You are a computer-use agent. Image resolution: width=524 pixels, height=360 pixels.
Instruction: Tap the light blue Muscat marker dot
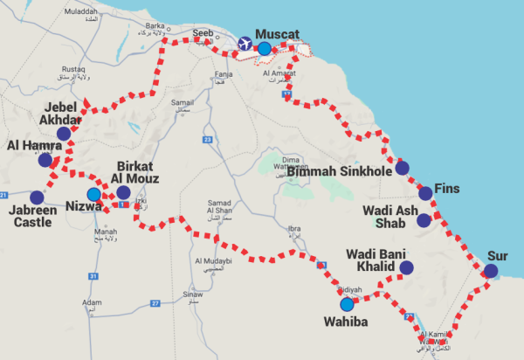pyautogui.click(x=265, y=49)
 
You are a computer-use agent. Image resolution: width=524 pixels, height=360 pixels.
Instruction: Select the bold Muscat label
pyautogui.click(x=277, y=34)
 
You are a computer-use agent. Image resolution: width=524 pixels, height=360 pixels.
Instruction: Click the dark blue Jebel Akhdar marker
pyautogui.click(x=64, y=134)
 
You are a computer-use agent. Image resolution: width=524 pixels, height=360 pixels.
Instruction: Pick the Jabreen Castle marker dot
pyautogui.click(x=37, y=197)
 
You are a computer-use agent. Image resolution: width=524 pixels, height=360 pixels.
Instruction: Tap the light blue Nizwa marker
pyautogui.click(x=93, y=194)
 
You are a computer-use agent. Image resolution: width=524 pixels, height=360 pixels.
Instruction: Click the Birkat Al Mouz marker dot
pyautogui.click(x=123, y=192)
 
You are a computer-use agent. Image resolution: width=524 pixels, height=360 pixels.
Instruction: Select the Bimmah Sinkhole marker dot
pyautogui.click(x=402, y=169)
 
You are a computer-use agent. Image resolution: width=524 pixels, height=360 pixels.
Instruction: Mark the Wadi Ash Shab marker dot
pyautogui.click(x=424, y=220)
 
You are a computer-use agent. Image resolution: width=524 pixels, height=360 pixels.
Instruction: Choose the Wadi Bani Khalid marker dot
pyautogui.click(x=406, y=267)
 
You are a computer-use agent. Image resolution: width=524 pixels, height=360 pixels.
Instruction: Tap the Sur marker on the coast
pyautogui.click(x=491, y=271)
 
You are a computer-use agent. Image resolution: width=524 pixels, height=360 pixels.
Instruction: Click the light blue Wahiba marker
pyautogui.click(x=348, y=305)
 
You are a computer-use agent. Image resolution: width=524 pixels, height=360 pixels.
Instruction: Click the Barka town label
pyautogui.click(x=155, y=26)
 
